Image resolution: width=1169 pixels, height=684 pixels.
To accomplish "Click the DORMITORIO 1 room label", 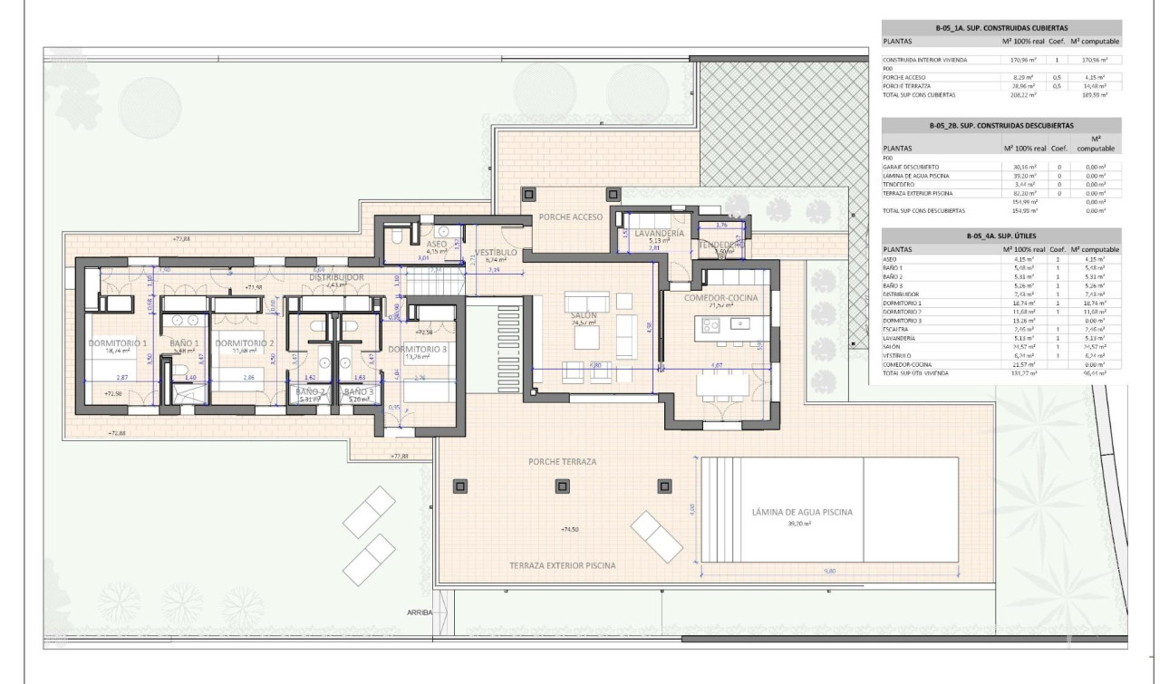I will click(x=117, y=344).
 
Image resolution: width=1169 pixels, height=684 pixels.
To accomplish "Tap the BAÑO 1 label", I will click(x=185, y=344).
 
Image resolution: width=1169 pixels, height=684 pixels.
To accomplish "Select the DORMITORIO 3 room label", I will click(x=418, y=350).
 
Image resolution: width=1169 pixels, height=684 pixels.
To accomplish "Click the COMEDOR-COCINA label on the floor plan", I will click(x=720, y=297).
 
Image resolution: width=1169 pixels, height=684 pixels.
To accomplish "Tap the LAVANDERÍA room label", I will click(x=659, y=234).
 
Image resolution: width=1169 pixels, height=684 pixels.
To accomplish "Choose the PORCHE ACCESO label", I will click(x=571, y=217).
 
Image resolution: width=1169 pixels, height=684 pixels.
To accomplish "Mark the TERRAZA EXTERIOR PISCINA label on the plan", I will click(x=563, y=565).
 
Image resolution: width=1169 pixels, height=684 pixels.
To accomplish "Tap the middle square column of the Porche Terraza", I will click(x=562, y=482).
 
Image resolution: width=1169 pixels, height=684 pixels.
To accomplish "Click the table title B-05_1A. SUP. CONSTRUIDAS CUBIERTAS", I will click(x=1001, y=28).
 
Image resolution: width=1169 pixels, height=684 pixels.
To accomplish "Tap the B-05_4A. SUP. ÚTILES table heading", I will click(x=1001, y=236).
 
